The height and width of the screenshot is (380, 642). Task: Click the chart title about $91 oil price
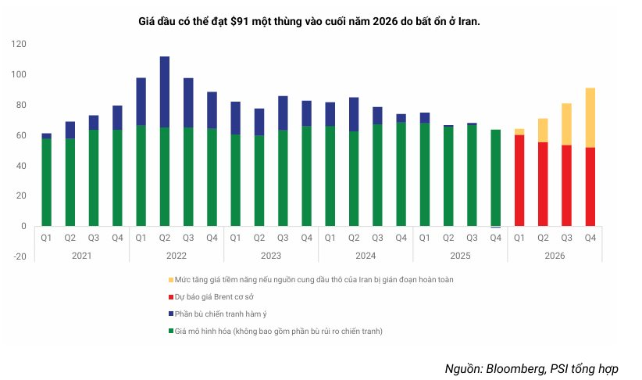[x=309, y=21]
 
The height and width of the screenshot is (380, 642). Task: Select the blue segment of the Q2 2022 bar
[x=165, y=91]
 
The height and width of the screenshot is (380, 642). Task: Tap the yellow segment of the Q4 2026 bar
[x=590, y=117]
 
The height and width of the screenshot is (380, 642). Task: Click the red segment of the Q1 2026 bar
[x=519, y=180]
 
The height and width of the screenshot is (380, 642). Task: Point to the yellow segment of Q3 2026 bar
[x=566, y=124]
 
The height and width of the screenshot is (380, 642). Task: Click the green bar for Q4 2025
[x=495, y=177]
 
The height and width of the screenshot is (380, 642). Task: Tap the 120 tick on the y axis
[x=20, y=45]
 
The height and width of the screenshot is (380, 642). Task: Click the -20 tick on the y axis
[x=20, y=256]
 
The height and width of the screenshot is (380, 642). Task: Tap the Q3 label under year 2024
[x=377, y=238]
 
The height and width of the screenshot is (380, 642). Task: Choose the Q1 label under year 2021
[x=47, y=238]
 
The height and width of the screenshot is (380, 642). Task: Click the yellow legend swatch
[x=170, y=279]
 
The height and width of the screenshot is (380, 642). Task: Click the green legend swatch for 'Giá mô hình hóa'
[x=170, y=332]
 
